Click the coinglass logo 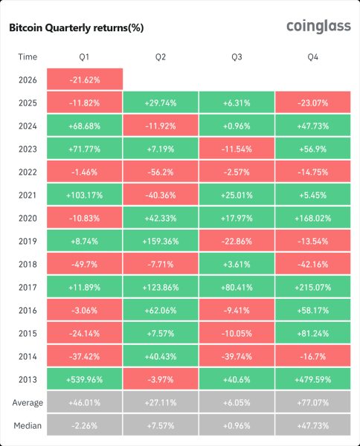pos(318,27)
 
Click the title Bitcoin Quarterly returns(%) pos(76,28)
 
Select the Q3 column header pos(237,56)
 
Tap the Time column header pos(27,56)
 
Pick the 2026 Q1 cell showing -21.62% pos(84,79)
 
